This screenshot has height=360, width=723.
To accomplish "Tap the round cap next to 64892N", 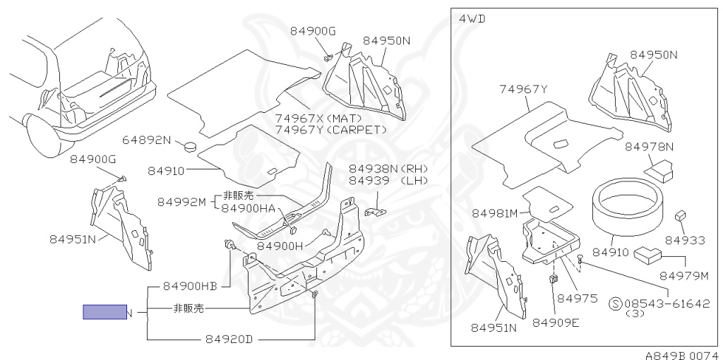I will tap(189, 147).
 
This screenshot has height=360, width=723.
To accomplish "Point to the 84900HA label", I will tap(248, 208).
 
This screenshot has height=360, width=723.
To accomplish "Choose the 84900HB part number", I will tap(189, 286).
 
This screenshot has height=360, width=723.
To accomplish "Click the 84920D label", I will tap(229, 339).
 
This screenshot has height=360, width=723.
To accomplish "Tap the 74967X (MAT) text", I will tap(318, 118).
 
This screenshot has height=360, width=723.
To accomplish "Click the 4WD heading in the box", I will tap(472, 19).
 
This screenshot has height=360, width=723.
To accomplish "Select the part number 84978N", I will tap(649, 147).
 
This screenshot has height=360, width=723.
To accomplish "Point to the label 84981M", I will tap(495, 213).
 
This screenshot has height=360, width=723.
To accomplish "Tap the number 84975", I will tap(578, 298).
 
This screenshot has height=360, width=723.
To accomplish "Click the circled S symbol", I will tap(616, 304).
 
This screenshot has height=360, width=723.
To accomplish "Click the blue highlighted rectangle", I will tap(104, 311).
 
